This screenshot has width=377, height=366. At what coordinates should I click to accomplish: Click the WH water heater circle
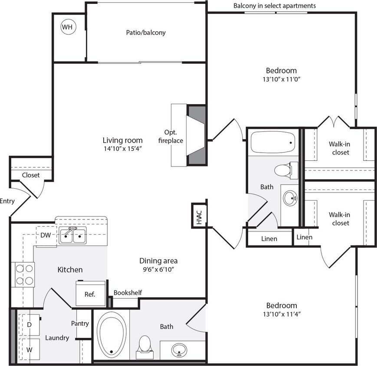click(x=67, y=27)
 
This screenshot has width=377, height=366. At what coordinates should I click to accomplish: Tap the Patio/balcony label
click(x=146, y=33)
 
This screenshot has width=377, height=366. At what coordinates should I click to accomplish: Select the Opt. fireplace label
click(x=174, y=136)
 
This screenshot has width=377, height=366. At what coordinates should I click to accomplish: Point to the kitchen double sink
click(x=73, y=235)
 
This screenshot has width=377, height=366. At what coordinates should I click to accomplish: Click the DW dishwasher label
click(x=46, y=235)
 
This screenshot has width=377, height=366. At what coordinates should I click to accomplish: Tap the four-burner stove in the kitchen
click(x=25, y=274)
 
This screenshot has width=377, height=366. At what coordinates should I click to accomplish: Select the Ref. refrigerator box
click(x=90, y=294)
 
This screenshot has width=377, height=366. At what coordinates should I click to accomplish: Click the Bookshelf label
click(x=128, y=293)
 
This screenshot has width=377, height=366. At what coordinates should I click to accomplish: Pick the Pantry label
click(x=80, y=323)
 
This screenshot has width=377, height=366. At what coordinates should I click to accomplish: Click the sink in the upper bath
click(x=290, y=199)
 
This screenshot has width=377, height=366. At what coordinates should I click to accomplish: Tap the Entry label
click(x=7, y=201)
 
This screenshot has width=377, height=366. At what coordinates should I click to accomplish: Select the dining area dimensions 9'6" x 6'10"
click(x=158, y=269)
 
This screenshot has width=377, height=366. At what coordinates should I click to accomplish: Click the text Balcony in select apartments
click(x=275, y=6)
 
